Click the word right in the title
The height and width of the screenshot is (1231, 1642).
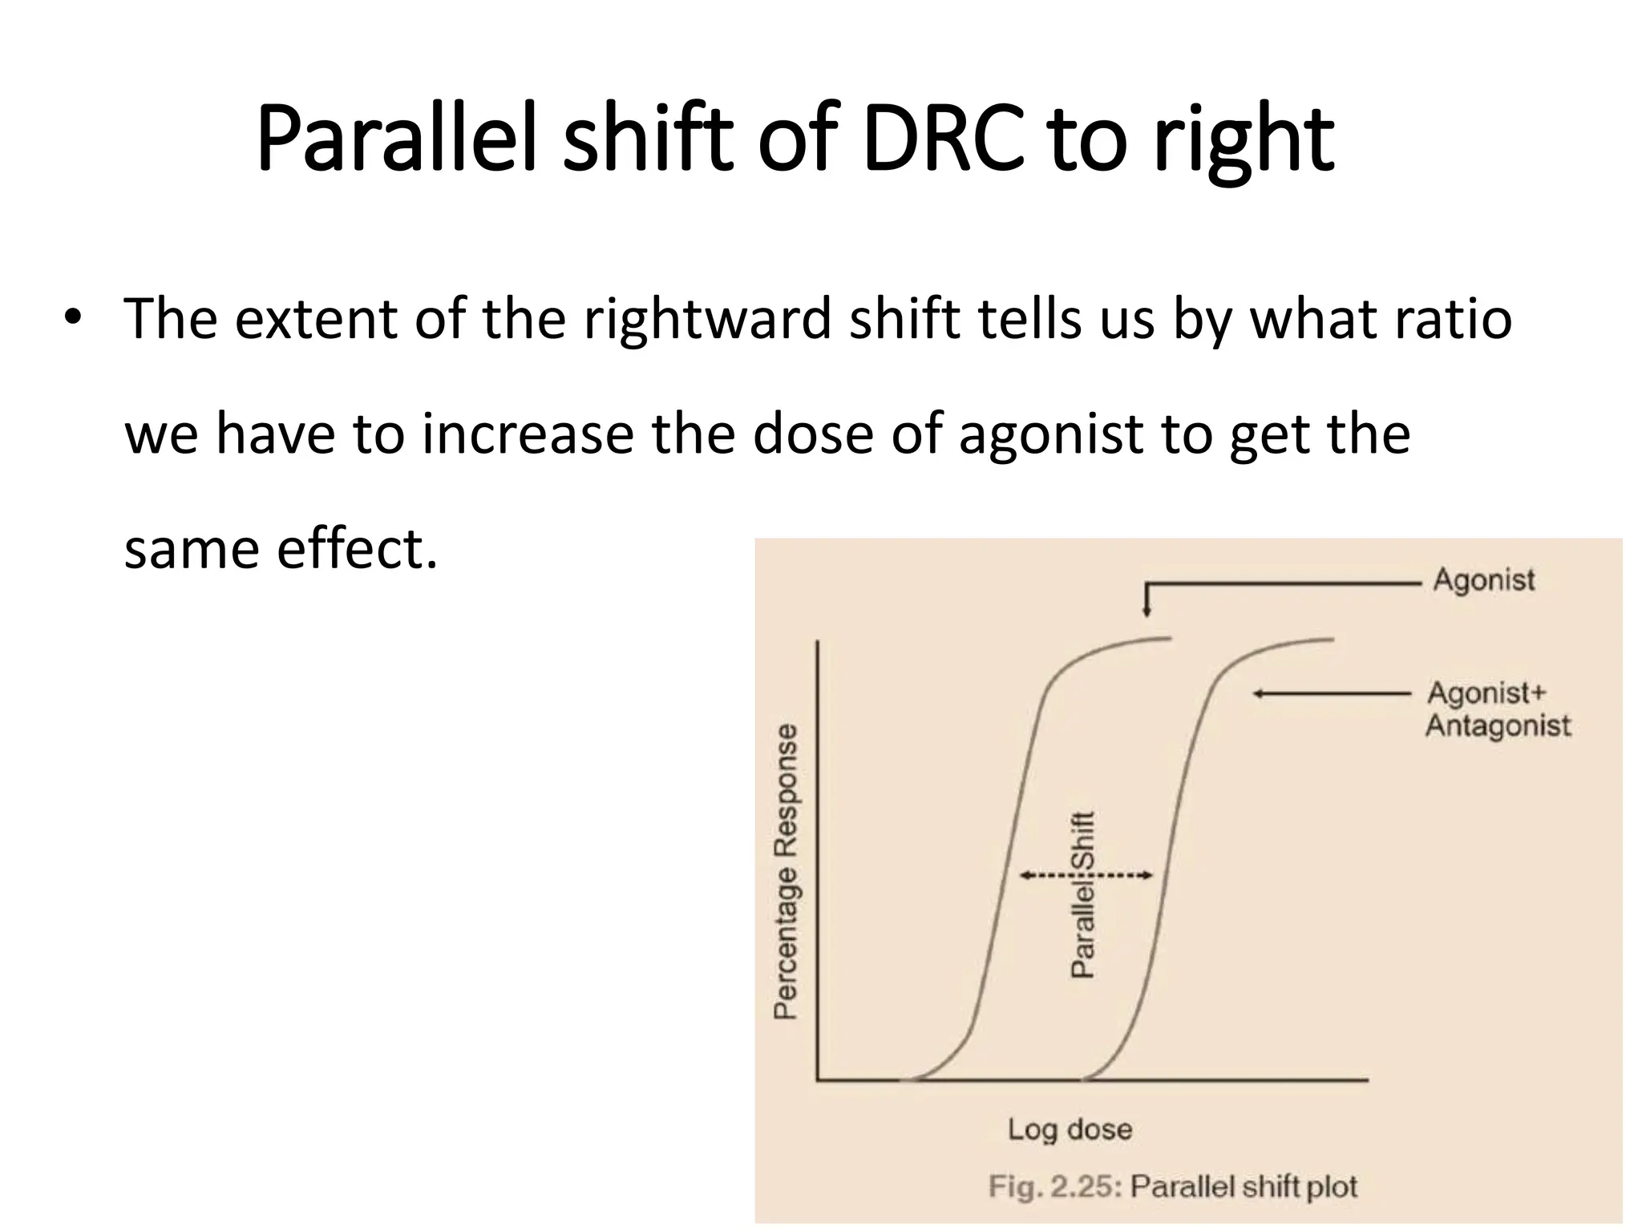(x=1244, y=143)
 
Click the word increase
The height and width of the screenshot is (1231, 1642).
(x=528, y=434)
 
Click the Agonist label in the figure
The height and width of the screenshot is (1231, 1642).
(x=1483, y=579)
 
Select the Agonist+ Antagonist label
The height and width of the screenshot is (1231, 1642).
(x=1497, y=709)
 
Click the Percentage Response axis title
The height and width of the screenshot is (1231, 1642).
(x=786, y=871)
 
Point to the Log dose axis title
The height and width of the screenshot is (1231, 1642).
(x=1070, y=1129)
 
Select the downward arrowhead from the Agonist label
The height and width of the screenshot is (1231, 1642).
(x=1147, y=612)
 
